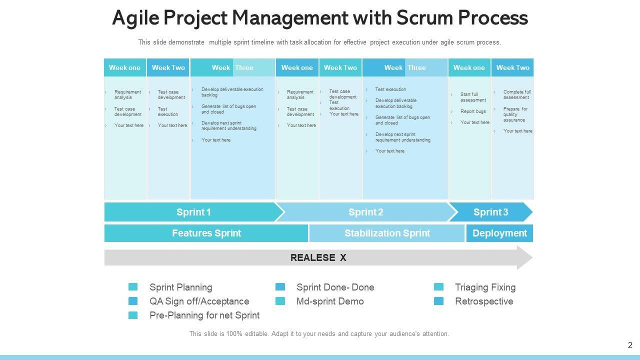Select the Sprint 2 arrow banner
365,212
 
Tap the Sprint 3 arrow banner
490,212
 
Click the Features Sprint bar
206,233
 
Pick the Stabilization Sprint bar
387,233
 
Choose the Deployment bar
499,233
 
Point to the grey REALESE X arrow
318,258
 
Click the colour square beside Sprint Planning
133,287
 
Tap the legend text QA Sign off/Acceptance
199,301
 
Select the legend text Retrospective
484,301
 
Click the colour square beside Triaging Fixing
438,287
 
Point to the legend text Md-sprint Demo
330,301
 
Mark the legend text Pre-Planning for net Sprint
204,315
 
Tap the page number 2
630,345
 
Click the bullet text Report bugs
473,111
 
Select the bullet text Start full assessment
473,97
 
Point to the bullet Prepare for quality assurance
515,114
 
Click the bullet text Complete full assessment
517,94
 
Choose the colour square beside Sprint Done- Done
280,287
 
